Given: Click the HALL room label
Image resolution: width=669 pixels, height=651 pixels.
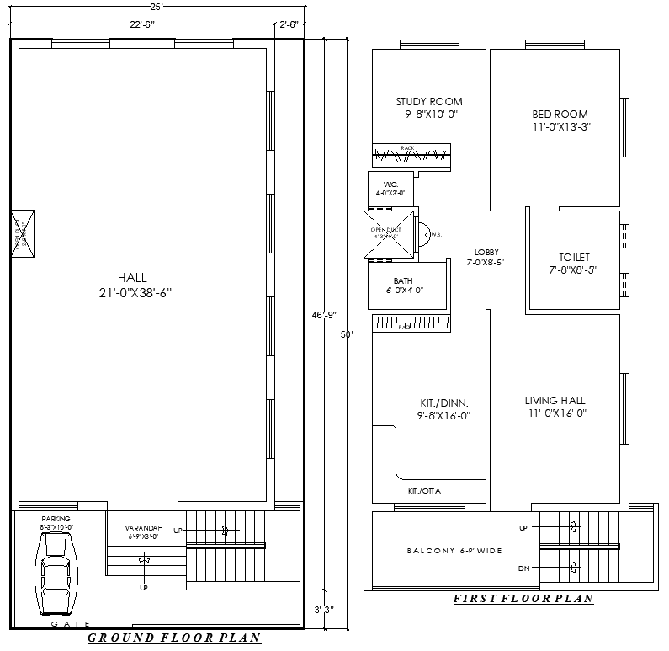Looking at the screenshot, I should [132, 278].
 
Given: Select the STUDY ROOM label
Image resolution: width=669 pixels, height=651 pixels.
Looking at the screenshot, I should [429, 102].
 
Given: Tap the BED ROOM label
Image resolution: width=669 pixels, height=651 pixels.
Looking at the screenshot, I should [560, 115].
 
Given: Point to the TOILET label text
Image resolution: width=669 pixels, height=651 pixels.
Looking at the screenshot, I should [575, 257].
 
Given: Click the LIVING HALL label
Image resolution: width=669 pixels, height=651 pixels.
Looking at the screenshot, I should [555, 401].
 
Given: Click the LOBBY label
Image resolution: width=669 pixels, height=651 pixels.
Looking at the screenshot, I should [486, 252].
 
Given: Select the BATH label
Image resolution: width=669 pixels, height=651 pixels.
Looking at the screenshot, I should [403, 281].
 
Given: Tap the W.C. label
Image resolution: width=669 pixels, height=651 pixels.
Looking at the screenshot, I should [390, 184].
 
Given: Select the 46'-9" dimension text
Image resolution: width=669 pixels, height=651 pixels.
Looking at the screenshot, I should [324, 315].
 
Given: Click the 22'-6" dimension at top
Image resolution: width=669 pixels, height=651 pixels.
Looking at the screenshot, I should [141, 24].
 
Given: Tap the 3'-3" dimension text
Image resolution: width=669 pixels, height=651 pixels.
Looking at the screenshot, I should [324, 609].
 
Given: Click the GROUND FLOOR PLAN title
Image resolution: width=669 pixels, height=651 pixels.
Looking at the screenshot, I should [174, 638].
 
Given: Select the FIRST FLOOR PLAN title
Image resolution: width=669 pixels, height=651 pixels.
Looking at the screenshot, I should [523, 599].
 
